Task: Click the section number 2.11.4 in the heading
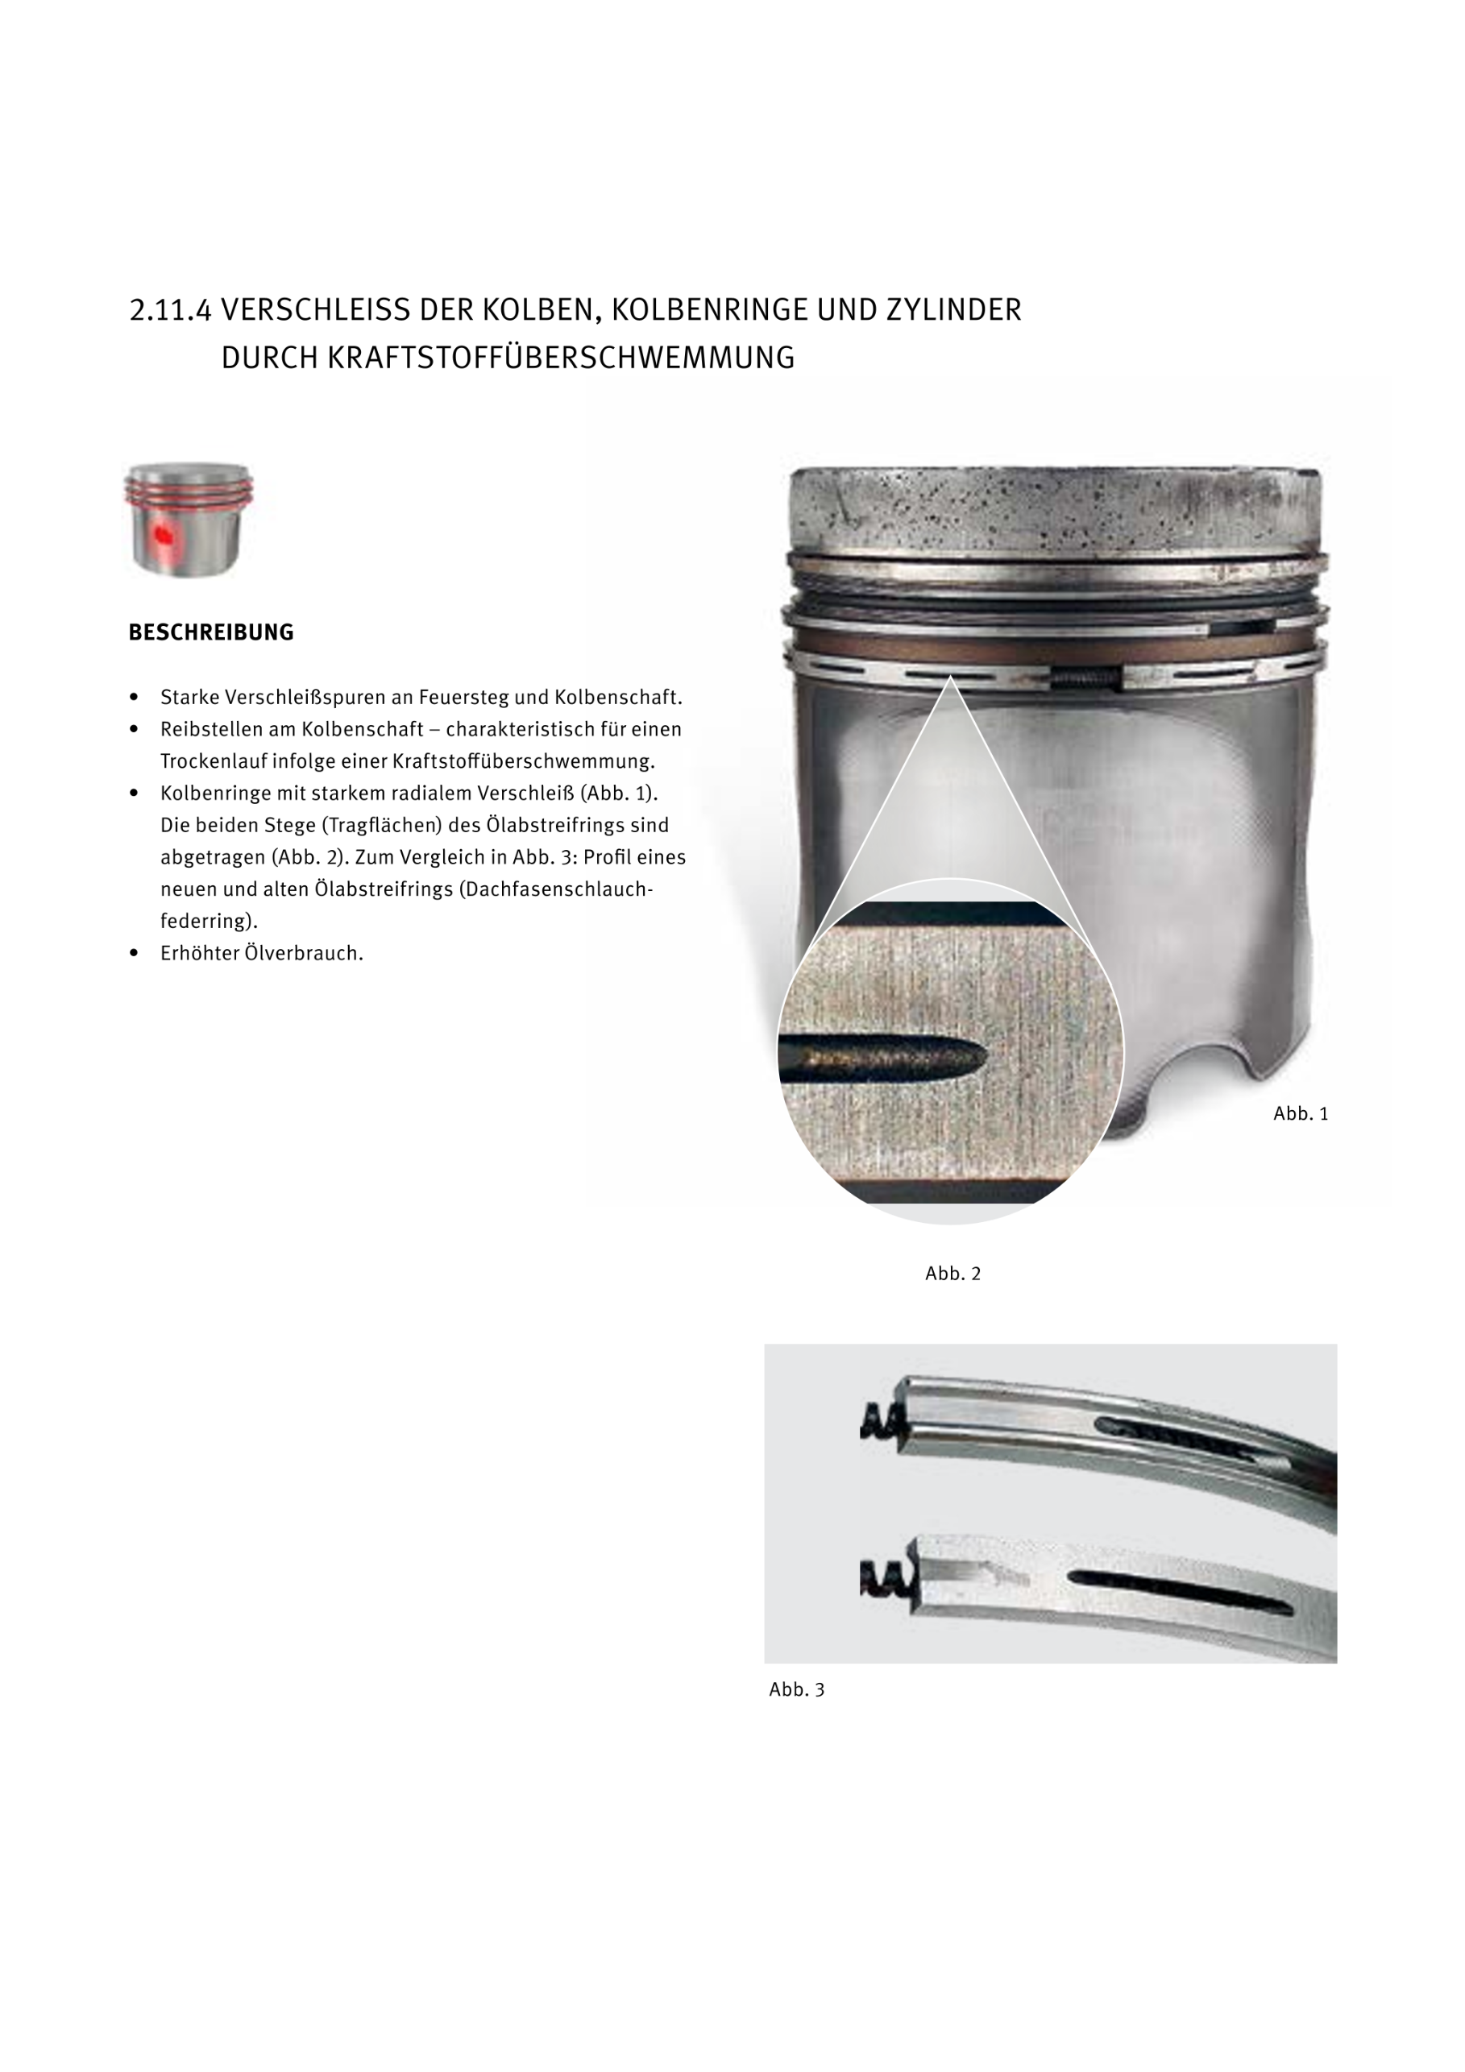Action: (171, 310)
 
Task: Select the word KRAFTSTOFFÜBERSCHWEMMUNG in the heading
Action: (561, 358)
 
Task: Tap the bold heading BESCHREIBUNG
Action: (211, 632)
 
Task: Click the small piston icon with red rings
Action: (188, 519)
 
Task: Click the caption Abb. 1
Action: (1300, 1113)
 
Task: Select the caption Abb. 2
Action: (952, 1274)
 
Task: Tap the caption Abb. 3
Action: (796, 1689)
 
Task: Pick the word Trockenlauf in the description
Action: (214, 760)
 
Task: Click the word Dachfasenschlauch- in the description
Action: (556, 889)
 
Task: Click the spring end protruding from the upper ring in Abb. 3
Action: (880, 1423)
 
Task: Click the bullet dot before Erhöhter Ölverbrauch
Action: (135, 952)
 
